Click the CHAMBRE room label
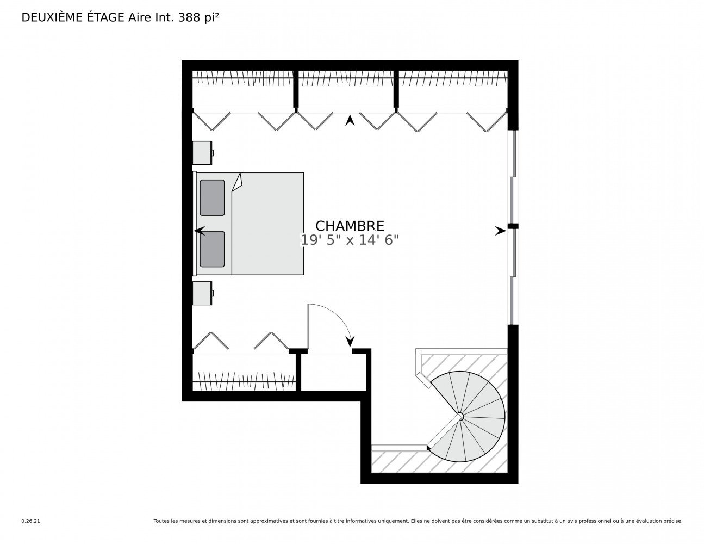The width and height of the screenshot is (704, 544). click(349, 226)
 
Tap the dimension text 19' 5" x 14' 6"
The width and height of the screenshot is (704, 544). click(349, 240)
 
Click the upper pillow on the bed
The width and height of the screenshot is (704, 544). click(212, 198)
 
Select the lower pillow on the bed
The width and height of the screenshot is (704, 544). click(212, 249)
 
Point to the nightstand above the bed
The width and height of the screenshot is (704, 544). click(202, 153)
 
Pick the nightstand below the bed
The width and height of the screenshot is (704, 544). click(202, 293)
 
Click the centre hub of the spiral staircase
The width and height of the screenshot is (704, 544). click(460, 416)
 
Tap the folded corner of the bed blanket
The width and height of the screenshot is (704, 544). click(238, 183)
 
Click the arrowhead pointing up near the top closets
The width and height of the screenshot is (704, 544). click(350, 120)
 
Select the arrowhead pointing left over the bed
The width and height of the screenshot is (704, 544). click(200, 231)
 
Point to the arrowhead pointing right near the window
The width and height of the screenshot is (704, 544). click(500, 231)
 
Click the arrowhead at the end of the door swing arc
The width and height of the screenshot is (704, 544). click(350, 342)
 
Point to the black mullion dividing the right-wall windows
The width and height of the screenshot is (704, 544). click(513, 226)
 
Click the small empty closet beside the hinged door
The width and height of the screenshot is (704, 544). click(333, 372)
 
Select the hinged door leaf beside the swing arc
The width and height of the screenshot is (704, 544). click(309, 326)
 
